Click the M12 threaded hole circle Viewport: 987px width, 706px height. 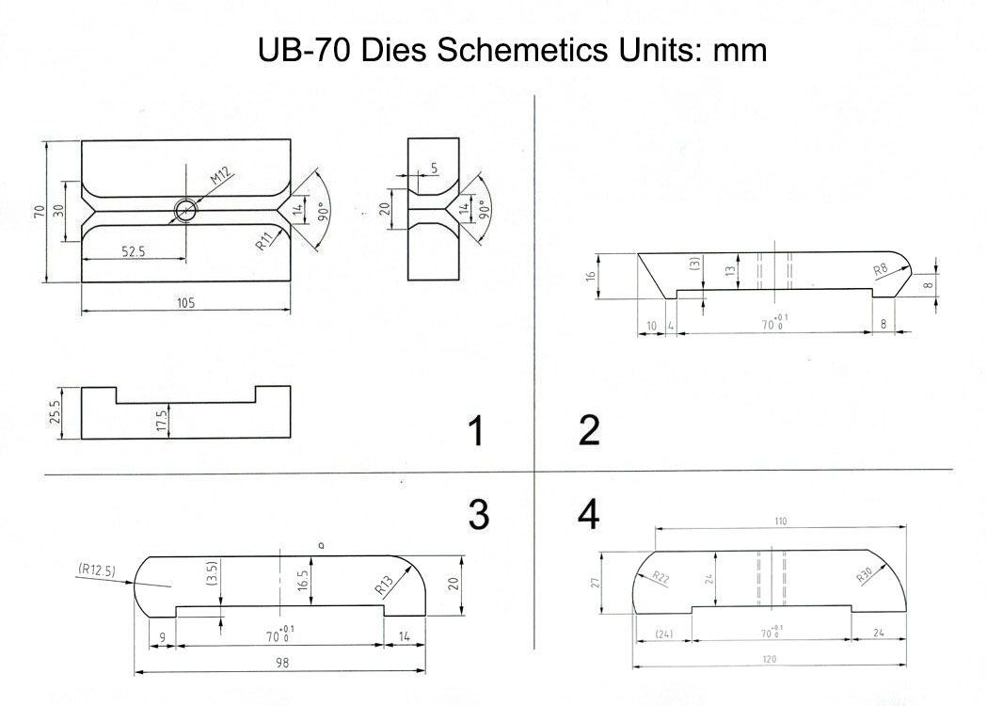185,211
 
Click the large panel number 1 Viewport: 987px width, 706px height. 476,431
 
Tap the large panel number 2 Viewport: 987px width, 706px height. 589,430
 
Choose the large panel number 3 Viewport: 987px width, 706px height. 478,514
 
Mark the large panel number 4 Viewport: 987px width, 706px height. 588,514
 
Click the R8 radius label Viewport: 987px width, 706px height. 881,271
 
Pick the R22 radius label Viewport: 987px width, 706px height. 660,578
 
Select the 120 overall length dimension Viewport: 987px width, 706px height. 770,658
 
